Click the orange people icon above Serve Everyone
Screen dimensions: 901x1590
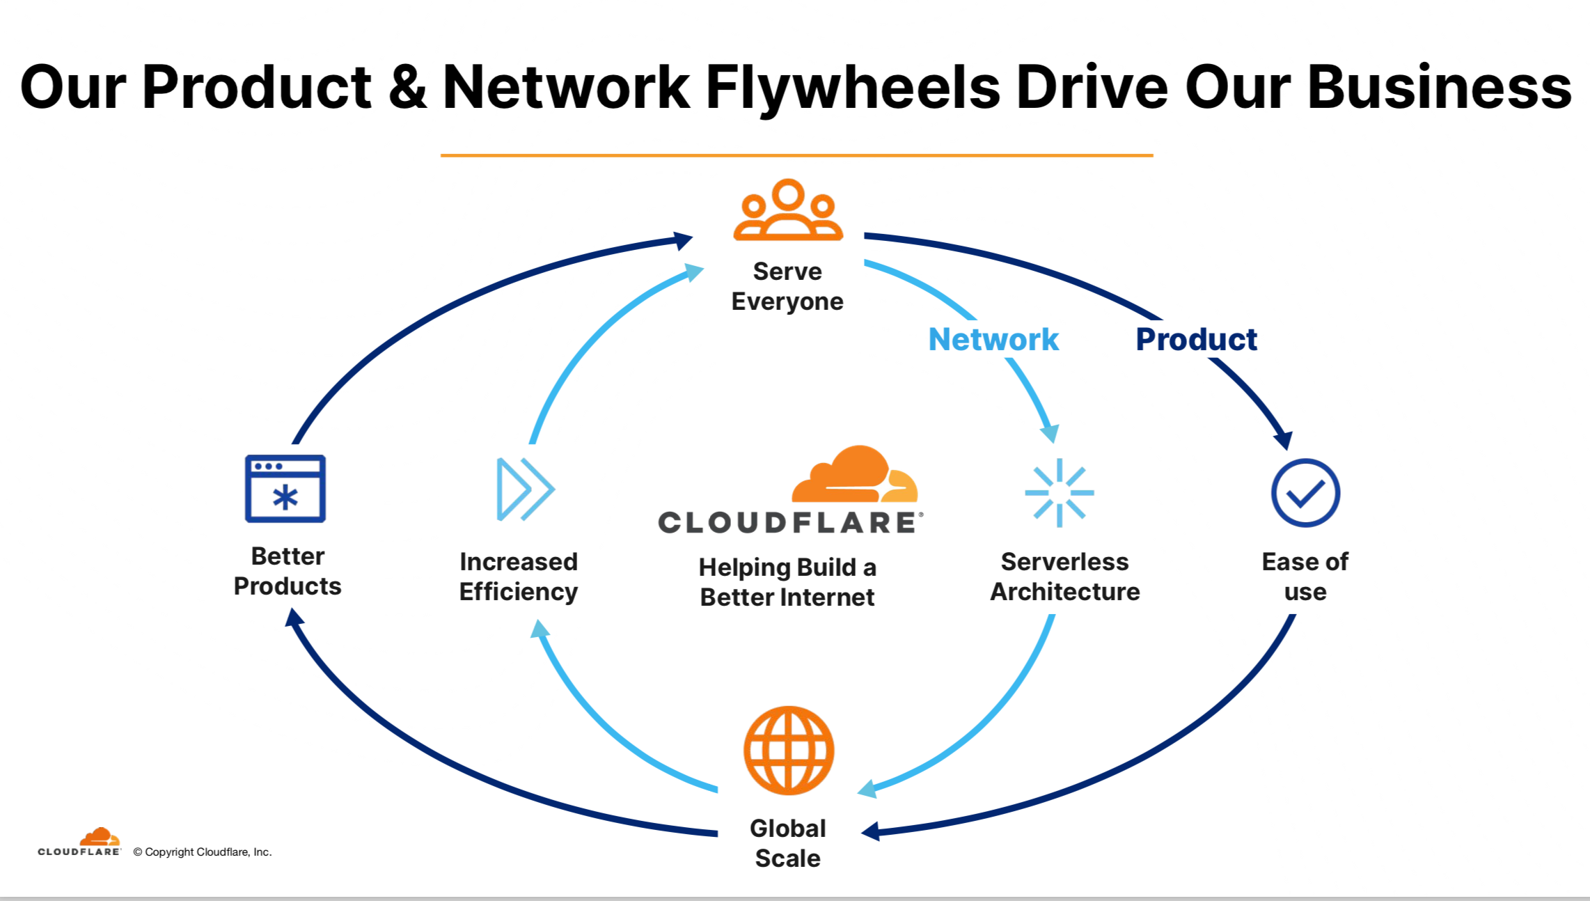coord(788,210)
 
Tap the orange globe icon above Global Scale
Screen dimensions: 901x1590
coord(789,751)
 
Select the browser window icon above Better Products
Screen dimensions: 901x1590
coord(285,489)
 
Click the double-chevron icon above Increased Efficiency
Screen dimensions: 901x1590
coord(525,489)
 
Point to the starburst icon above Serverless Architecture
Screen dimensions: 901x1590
coord(1060,492)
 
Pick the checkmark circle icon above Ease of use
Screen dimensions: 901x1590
coord(1305,492)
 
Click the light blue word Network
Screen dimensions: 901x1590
coord(993,340)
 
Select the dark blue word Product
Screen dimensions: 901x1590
coord(1196,340)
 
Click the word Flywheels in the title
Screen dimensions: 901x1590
coord(853,88)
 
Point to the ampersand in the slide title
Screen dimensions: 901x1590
coord(407,86)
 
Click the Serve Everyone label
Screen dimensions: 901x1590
coord(787,286)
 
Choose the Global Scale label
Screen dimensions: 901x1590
coord(788,843)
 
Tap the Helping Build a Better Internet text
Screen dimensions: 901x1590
coord(787,582)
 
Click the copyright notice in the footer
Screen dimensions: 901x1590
coord(203,852)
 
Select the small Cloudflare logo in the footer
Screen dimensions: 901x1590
coord(79,843)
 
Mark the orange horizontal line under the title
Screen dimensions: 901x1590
coord(796,155)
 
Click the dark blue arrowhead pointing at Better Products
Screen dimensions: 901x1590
coord(294,617)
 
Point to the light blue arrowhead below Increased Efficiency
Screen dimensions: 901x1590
coord(540,629)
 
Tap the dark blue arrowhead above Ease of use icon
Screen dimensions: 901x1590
coord(1284,440)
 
